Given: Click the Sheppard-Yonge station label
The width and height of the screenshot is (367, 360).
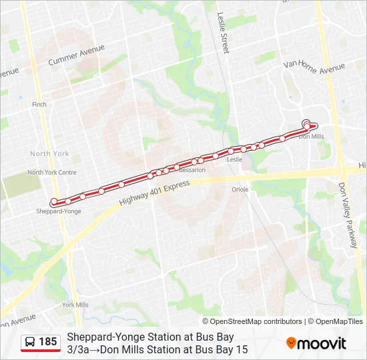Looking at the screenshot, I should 59,211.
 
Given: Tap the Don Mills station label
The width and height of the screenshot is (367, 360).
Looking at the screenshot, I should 311,137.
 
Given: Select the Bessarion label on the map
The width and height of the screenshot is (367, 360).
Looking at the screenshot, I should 192,170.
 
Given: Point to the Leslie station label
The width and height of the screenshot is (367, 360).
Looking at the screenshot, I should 234,160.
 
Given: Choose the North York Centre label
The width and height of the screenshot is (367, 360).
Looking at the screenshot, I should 52,172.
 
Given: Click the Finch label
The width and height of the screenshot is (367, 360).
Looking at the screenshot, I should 39,105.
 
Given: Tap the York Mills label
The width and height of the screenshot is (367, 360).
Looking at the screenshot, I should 75,305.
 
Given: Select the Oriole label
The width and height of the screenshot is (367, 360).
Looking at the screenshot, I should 240,189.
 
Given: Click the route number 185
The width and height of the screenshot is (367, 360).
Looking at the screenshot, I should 48,342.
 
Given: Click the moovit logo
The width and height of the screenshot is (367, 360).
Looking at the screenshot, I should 316,343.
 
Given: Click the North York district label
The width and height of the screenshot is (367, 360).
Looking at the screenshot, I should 49,154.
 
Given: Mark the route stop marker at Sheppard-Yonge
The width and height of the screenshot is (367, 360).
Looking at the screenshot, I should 53,202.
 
